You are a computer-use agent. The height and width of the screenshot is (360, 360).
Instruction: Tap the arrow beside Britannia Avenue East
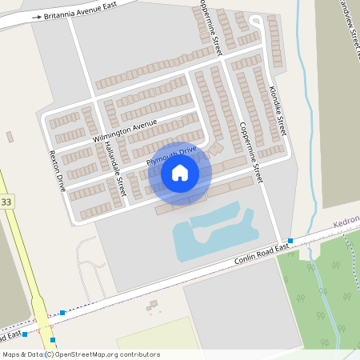(x=35, y=16)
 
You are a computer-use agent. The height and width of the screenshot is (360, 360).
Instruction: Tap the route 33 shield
(x=6, y=202)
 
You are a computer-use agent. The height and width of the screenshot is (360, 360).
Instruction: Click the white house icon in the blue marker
(x=180, y=172)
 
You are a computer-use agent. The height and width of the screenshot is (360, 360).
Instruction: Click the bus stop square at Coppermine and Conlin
(x=290, y=241)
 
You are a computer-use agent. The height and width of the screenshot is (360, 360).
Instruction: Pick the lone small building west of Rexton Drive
(x=10, y=137)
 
